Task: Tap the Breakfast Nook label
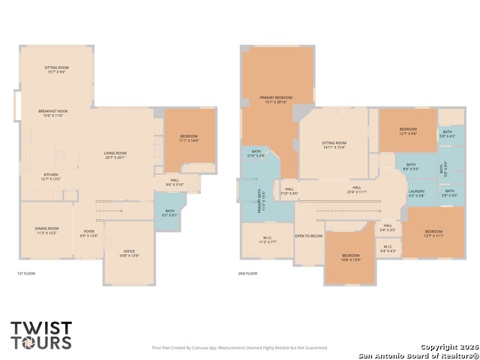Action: tap(53, 113)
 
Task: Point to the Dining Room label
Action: tap(46, 230)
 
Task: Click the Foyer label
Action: tap(88, 233)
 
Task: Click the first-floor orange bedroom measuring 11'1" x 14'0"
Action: tap(188, 138)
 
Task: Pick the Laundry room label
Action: tap(417, 193)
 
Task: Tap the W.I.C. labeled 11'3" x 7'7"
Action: tap(268, 241)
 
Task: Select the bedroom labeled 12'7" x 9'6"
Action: tap(407, 132)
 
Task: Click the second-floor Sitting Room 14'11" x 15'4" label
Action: tap(334, 145)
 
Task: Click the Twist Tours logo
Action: tap(41, 335)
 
